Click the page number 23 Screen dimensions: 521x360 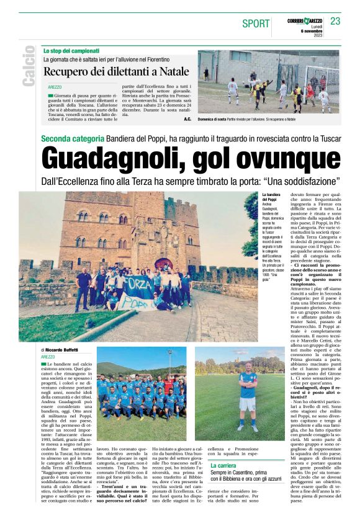[x=335, y=22]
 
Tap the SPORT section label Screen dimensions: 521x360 [x=256, y=24]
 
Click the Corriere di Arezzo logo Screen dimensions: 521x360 [x=305, y=22]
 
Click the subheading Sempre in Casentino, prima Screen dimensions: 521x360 [x=243, y=473]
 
